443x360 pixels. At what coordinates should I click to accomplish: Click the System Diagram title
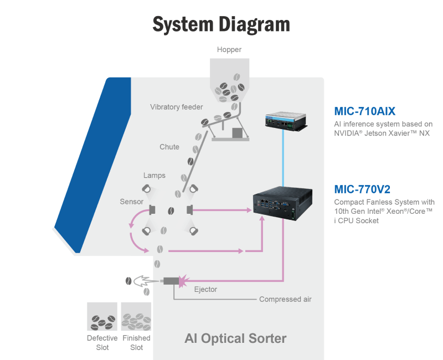[x=221, y=24]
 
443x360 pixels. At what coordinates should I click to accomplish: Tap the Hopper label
[x=229, y=50]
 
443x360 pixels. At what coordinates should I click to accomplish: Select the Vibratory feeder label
[x=177, y=107]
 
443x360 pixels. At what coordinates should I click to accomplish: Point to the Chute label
[x=169, y=147]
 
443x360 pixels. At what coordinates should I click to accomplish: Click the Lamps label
[x=154, y=176]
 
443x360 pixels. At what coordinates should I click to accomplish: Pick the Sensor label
[x=132, y=202]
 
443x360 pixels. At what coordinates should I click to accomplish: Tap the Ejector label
[x=205, y=289]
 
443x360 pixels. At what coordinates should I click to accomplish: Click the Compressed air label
[x=285, y=300]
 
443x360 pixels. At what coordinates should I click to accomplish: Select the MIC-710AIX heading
[x=365, y=110]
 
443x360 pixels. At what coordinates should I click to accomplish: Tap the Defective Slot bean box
[x=102, y=316]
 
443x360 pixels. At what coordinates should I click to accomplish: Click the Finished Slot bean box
[x=136, y=316]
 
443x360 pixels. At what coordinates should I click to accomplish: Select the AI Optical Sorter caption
[x=235, y=338]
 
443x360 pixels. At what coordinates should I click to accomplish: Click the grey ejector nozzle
[x=168, y=281]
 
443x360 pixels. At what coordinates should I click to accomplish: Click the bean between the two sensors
[x=171, y=210]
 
